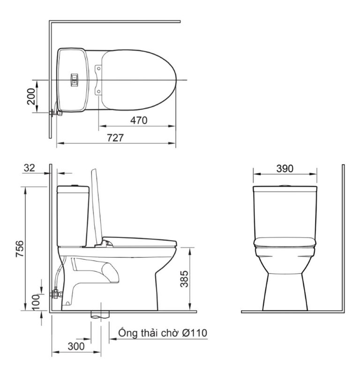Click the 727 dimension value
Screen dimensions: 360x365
[115, 138]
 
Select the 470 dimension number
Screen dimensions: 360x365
[139, 120]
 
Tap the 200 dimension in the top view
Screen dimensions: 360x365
[31, 97]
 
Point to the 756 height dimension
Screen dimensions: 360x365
[20, 249]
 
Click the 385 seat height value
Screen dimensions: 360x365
[184, 279]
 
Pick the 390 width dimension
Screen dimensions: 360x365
[285, 169]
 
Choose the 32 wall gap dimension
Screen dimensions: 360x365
[30, 168]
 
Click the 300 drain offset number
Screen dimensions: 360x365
[76, 346]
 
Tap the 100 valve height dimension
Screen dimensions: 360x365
[36, 302]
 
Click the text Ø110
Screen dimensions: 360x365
[195, 333]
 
